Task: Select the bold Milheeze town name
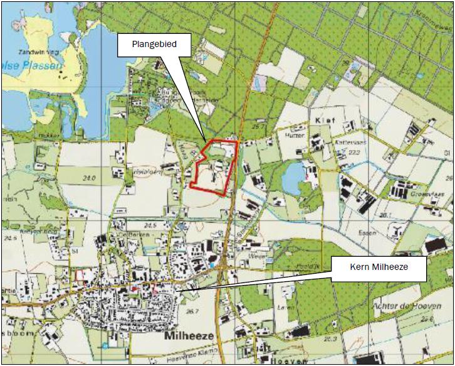tap(189, 336)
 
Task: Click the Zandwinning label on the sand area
tap(39, 51)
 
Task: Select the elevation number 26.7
tap(192, 311)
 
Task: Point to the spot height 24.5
tap(149, 225)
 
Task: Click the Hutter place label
tap(294, 135)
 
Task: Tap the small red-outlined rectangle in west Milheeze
tap(80, 274)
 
